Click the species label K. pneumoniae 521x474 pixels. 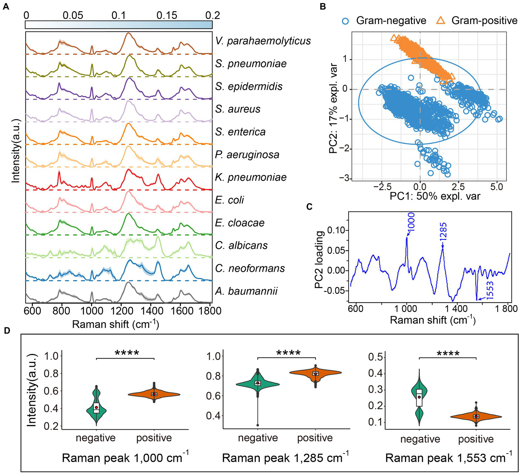(251, 177)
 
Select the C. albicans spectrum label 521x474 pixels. (241, 246)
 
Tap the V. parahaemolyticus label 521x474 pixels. (263, 41)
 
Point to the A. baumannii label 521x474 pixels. (246, 291)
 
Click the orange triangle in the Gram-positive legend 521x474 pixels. (441, 20)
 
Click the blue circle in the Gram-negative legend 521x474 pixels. (345, 21)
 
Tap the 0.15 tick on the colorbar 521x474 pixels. (167, 15)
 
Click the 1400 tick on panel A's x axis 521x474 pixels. (150, 311)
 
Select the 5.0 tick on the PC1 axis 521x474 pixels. (496, 187)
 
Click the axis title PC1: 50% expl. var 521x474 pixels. (435, 196)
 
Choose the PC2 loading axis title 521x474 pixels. (319, 260)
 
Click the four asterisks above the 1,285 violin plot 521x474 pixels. (288, 353)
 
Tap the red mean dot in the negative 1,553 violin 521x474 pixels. (419, 397)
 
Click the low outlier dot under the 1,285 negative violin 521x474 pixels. (258, 425)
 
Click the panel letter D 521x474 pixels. (7, 331)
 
